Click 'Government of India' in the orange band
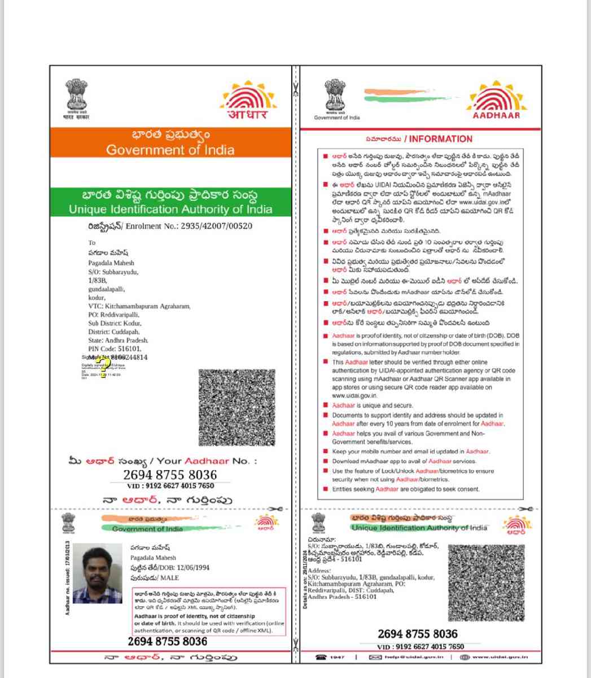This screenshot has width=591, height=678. pyautogui.click(x=170, y=150)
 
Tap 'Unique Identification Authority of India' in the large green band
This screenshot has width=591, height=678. pyautogui.click(x=170, y=210)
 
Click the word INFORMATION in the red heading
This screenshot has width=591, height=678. pyautogui.click(x=440, y=139)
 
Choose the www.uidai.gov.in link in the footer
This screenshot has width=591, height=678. pyautogui.click(x=500, y=657)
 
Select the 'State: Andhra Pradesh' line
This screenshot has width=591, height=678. pyautogui.click(x=118, y=341)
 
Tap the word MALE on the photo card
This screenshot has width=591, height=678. pyautogui.click(x=169, y=578)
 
